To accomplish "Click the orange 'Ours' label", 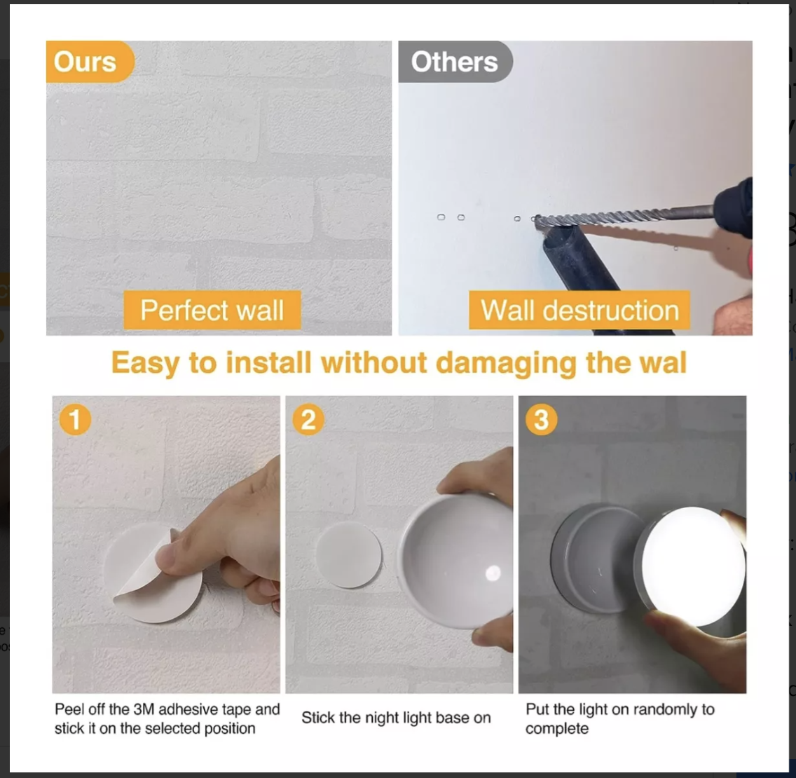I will [x=86, y=62].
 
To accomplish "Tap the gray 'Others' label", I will [x=454, y=62].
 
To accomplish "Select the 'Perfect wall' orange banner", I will [x=212, y=310].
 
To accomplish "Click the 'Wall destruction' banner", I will [x=579, y=310].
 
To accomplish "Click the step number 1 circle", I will [x=75, y=420].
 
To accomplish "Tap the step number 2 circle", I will [x=308, y=420].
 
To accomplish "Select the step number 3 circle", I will [x=541, y=420].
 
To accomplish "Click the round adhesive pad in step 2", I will [x=348, y=555].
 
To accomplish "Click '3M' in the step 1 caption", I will [x=144, y=709].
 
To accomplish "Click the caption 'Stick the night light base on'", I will [x=396, y=718].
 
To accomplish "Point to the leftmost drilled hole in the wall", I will [x=441, y=217].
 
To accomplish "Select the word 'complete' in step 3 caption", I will [x=557, y=729].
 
